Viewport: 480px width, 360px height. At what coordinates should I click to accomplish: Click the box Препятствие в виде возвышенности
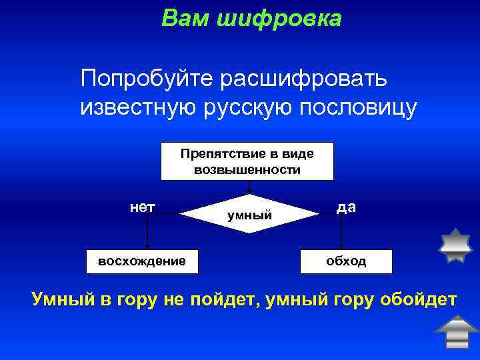pos(247,161)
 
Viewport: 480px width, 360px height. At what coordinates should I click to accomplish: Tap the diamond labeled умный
pos(249,215)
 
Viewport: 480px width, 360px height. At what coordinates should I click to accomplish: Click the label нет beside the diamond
pos(143,207)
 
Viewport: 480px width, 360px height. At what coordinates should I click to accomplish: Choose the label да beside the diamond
pos(346,207)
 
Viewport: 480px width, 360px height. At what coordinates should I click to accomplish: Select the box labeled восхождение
pos(142,261)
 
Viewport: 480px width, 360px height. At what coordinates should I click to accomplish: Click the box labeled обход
pos(346,261)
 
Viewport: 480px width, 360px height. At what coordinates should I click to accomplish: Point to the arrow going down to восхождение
pos(147,233)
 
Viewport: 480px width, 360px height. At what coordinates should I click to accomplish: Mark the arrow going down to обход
pos(341,233)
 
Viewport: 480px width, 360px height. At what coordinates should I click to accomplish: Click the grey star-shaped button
pos(456,247)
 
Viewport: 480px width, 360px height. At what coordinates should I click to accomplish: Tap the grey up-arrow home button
pos(456,332)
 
